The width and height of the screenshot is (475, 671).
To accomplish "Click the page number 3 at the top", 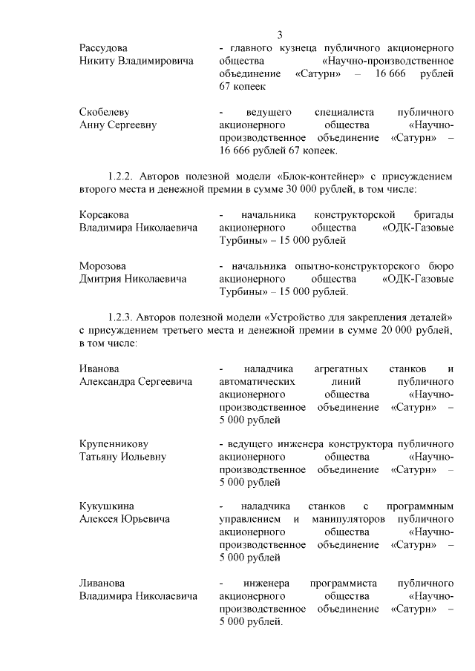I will pyautogui.click(x=280, y=34).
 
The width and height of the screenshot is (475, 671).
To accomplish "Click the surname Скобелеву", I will pyautogui.click(x=104, y=112).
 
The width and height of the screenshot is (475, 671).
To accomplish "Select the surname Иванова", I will pyautogui.click(x=99, y=368).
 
